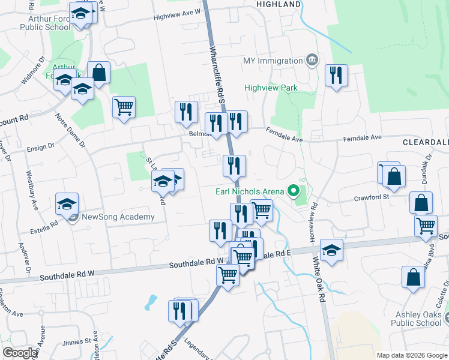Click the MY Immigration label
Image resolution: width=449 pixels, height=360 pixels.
click(x=273, y=61)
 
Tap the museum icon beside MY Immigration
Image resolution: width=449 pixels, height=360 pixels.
click(x=312, y=60)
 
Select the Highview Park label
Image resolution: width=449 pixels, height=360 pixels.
click(x=271, y=88)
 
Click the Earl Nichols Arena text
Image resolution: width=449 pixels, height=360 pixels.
click(x=249, y=191)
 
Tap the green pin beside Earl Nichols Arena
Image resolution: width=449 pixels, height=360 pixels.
click(x=294, y=191)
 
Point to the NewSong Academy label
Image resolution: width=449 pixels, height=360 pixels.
click(x=118, y=217)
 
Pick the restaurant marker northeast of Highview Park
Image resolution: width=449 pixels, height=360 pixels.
click(x=334, y=76)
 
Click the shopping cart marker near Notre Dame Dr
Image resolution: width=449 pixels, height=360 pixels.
click(x=124, y=107)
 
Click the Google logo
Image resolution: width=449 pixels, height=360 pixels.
click(x=20, y=353)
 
